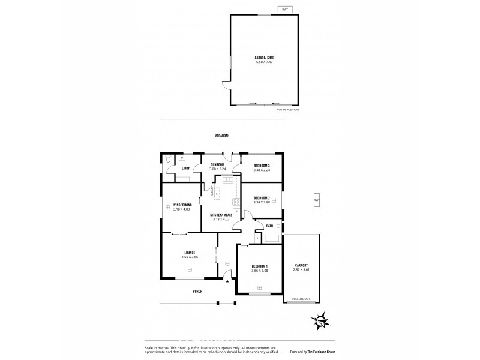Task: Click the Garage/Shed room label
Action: (265, 58)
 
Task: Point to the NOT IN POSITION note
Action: (287, 110)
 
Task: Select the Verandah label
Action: (222, 136)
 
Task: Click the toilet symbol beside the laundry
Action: (168, 160)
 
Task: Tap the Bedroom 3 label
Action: (261, 165)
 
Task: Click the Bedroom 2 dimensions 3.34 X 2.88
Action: (261, 202)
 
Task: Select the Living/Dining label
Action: (181, 205)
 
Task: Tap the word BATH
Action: (270, 226)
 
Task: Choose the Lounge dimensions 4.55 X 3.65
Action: (189, 257)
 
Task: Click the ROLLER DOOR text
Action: (300, 298)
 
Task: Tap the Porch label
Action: (197, 292)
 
